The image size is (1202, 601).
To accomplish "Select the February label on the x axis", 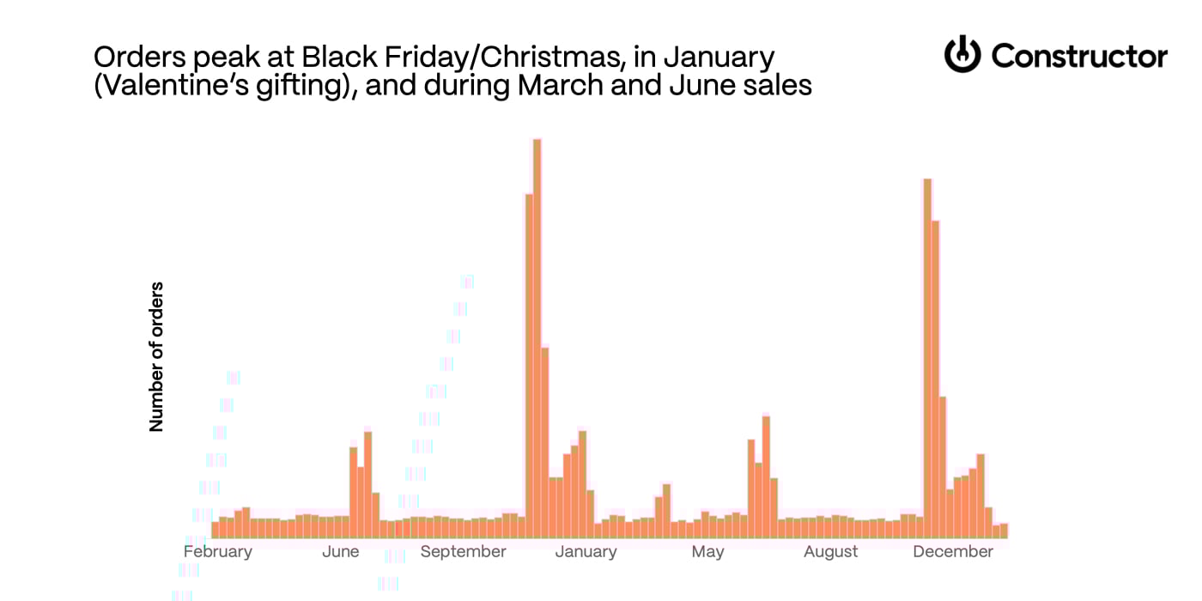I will [x=218, y=551].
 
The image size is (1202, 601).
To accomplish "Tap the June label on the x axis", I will [x=341, y=551].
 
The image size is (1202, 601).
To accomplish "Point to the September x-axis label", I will [x=464, y=551].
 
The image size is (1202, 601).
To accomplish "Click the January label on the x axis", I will [x=586, y=551].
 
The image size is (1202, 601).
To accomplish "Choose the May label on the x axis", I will [x=707, y=551].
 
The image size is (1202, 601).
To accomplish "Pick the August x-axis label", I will [x=831, y=551].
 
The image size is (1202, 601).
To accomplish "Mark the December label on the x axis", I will [x=953, y=551].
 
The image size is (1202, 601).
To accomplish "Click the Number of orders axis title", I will [x=156, y=356].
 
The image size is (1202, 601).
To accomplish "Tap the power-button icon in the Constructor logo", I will [x=962, y=55].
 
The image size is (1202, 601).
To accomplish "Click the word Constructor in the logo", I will [x=1079, y=57].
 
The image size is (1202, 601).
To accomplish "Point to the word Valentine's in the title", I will [x=163, y=87].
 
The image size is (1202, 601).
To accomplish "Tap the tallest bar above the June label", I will [x=368, y=485].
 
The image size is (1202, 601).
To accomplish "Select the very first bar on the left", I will [x=216, y=530].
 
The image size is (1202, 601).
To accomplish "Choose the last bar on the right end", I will [x=1004, y=531].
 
